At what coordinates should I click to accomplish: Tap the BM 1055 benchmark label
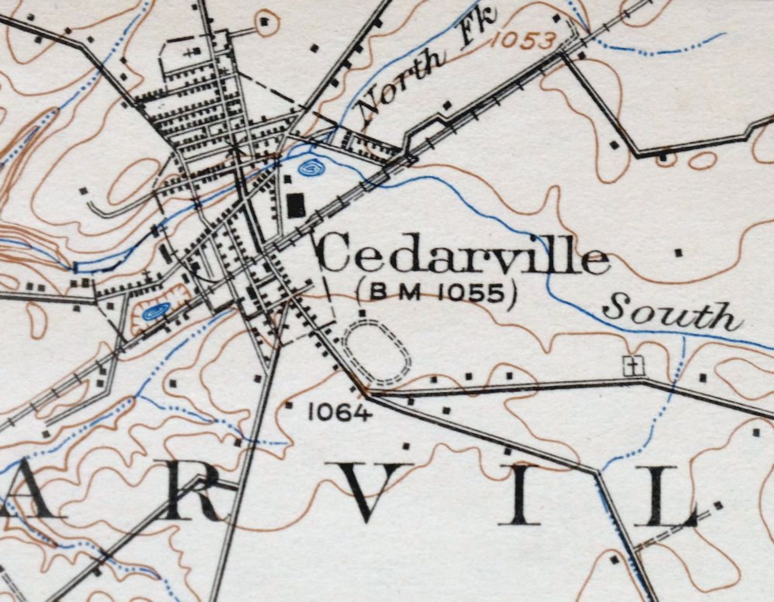[437, 293]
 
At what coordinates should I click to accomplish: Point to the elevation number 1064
[340, 414]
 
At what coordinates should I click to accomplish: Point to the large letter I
[520, 495]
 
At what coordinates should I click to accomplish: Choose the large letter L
[666, 496]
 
